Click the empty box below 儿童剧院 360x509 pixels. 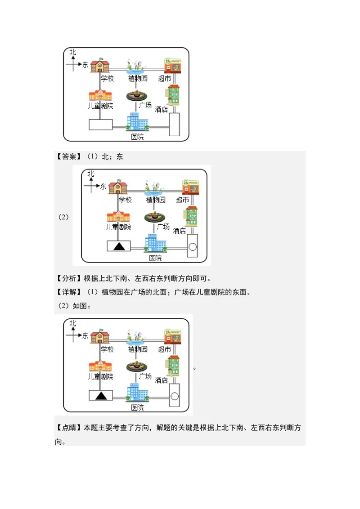(100, 124)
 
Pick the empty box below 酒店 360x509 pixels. (174, 124)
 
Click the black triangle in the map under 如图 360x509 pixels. (101, 395)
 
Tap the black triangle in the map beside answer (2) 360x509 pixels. (119, 246)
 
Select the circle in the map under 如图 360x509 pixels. (174, 396)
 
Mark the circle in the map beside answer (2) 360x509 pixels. (192, 246)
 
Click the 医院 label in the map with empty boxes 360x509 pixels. (137, 136)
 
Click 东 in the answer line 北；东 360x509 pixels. (119, 156)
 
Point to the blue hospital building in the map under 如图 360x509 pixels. (137, 393)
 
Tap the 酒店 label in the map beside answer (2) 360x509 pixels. (180, 230)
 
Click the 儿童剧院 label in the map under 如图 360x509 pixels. (100, 376)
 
